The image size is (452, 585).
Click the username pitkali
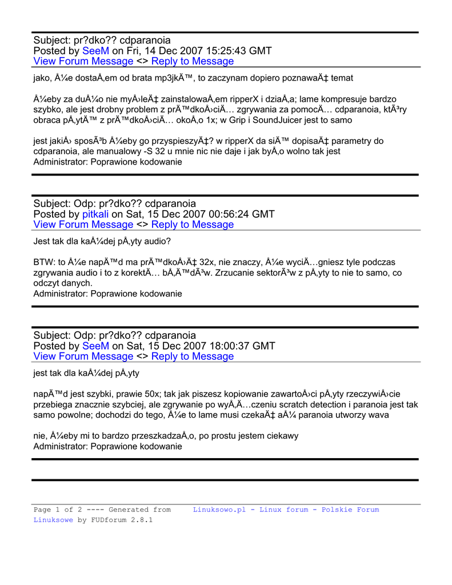click(x=95, y=214)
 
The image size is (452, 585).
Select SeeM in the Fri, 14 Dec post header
click(x=95, y=51)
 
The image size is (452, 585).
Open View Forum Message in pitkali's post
click(x=83, y=225)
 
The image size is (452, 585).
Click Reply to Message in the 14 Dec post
click(x=193, y=61)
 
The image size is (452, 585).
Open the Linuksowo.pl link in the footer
click(x=219, y=510)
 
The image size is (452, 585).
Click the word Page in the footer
click(x=42, y=510)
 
